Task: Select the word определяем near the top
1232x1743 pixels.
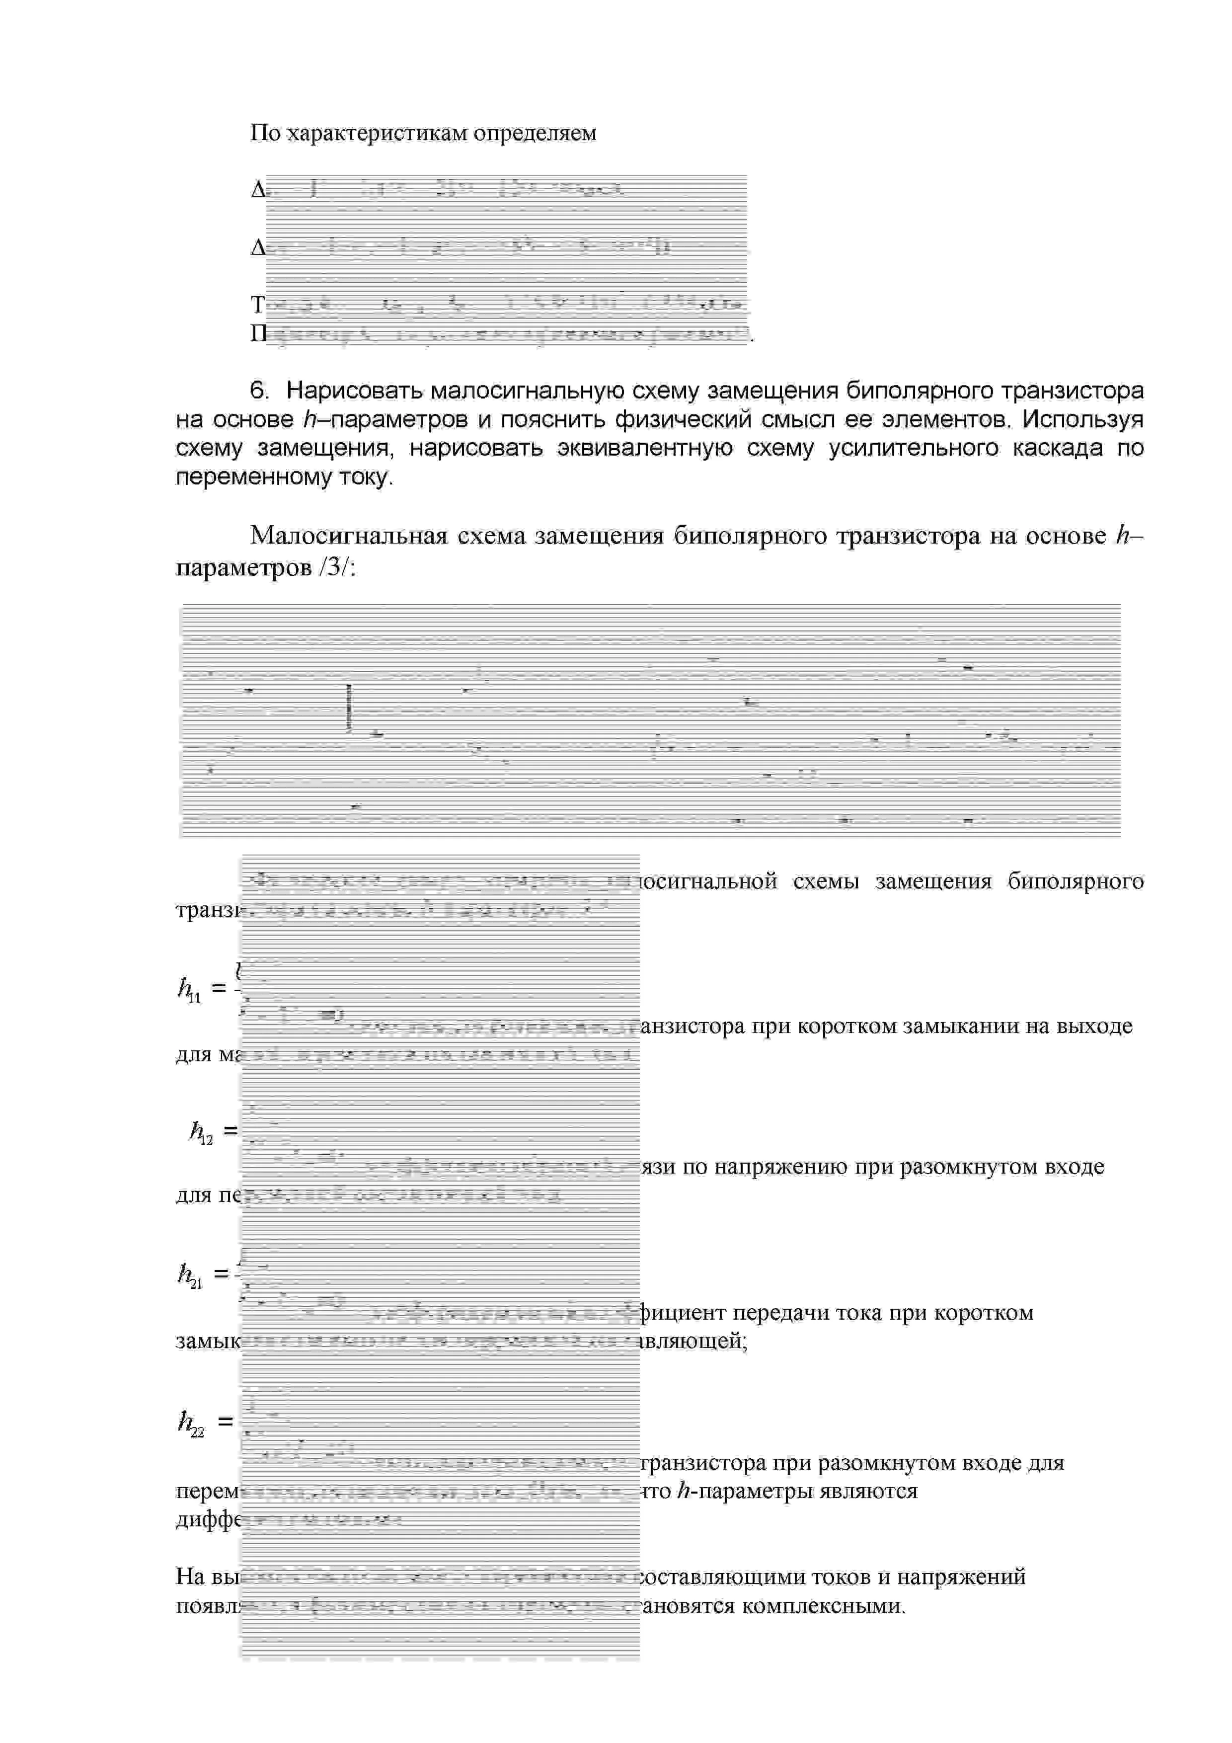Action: [535, 134]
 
